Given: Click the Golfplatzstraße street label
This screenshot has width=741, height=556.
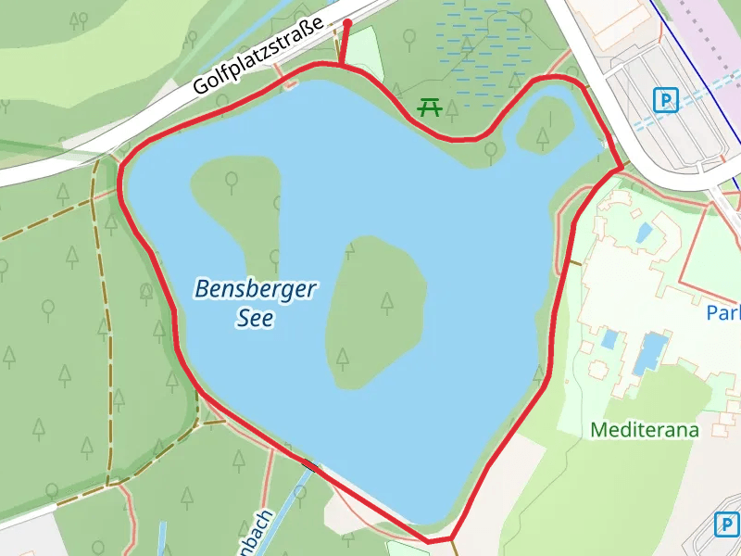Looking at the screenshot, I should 258,57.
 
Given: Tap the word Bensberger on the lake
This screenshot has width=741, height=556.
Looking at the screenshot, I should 255,289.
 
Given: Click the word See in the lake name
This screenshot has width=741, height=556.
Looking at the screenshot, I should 255,318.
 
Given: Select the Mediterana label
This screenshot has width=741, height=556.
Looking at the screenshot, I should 644,430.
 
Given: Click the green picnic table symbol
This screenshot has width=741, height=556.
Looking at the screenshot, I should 428,107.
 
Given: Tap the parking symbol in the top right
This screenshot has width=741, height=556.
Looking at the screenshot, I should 664,99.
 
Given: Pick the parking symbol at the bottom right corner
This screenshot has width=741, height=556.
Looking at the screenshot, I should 727,524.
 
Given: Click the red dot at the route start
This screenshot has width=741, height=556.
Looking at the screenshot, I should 346,24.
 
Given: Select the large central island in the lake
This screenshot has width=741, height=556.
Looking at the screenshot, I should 375,310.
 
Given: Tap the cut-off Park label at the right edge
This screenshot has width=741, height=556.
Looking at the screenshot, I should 723,313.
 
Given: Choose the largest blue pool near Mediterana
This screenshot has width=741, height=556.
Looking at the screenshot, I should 651,352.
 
